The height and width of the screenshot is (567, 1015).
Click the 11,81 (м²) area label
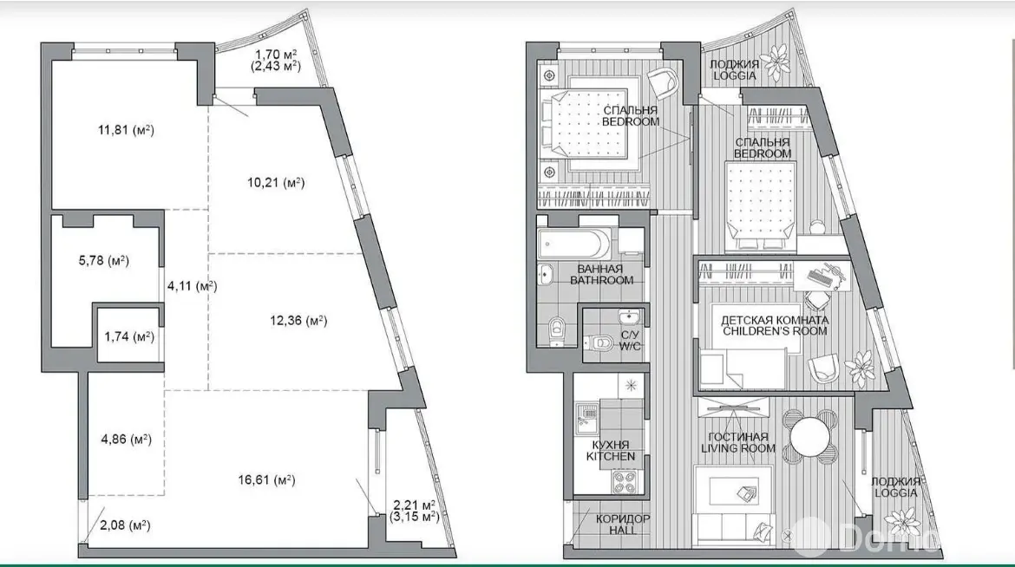point(127,130)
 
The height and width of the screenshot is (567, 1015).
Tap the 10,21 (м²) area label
point(276,183)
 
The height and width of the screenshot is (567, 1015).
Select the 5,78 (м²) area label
point(104,261)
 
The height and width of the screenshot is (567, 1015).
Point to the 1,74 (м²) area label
point(129,336)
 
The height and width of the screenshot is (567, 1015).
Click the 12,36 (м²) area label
point(298,321)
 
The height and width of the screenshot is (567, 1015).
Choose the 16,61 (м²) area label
point(266,480)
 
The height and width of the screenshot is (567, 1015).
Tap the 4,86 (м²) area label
point(127,440)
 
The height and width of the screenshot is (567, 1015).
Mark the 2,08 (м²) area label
point(126,525)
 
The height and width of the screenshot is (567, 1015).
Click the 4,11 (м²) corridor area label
point(192,285)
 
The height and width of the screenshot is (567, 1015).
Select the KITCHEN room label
point(611,456)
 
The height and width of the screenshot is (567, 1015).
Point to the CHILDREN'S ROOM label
point(775,331)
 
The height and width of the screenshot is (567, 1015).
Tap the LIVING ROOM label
point(738,448)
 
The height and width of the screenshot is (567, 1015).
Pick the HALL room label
point(622,530)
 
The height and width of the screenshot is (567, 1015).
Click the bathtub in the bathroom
point(573,244)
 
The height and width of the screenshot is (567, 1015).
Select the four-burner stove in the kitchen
point(625,481)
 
